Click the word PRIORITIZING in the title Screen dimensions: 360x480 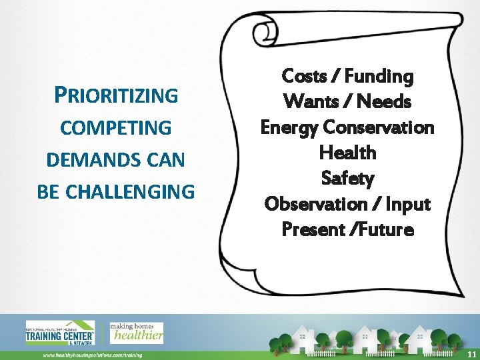pyautogui.click(x=116, y=95)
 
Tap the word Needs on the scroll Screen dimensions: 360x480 pyautogui.click(x=384, y=102)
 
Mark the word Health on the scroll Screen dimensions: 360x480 pyautogui.click(x=347, y=153)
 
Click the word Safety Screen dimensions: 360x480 pyautogui.click(x=347, y=179)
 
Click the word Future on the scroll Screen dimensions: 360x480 pyautogui.click(x=387, y=229)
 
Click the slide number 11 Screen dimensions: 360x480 pyautogui.click(x=471, y=353)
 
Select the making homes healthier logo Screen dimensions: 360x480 pyautogui.click(x=137, y=332)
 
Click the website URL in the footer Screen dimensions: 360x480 pyautogui.click(x=93, y=355)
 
